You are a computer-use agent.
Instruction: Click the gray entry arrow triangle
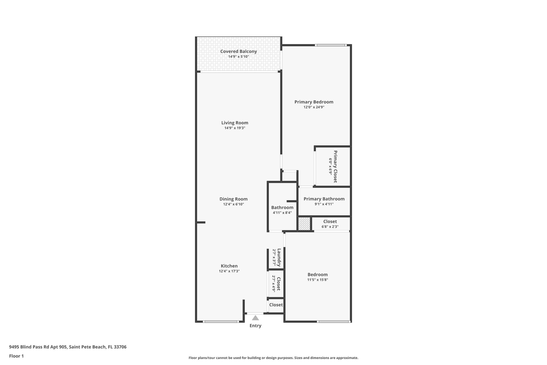pos(255,318)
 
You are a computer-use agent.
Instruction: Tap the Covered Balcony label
pos(239,51)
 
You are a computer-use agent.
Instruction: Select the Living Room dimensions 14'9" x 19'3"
pos(235,128)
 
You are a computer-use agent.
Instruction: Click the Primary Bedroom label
pos(314,102)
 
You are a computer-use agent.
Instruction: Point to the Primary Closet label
pos(335,166)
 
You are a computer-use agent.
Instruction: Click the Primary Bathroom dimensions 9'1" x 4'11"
pos(324,204)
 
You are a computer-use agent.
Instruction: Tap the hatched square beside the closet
pos(304,224)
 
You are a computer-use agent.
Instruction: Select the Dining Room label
pos(233,199)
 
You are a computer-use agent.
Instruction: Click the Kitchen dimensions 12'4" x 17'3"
pos(229,271)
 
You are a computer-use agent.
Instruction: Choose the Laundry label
pos(279,258)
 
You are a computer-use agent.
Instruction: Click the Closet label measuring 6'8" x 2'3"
pos(330,221)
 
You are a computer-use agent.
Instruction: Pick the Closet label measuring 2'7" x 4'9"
pos(278,284)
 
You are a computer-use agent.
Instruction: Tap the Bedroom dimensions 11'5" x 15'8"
pos(318,280)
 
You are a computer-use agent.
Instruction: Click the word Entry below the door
pos(255,326)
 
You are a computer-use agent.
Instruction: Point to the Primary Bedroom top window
pos(331,45)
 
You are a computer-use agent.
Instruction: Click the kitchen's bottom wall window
pos(221,321)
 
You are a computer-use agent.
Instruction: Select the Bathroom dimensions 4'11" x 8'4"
pos(282,213)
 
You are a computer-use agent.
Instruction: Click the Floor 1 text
pos(16,356)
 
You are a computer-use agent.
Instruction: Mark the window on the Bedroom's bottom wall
pos(334,321)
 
